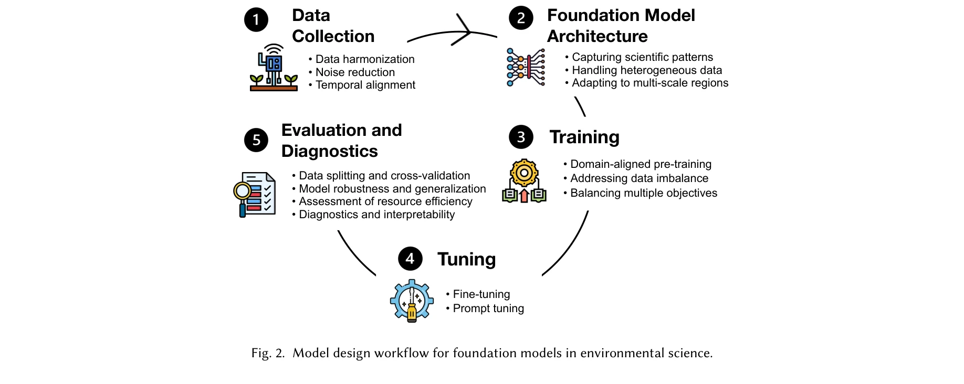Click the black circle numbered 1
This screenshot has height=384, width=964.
pos(256,20)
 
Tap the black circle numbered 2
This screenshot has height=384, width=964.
pos(521,18)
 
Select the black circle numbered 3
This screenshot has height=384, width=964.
pos(521,137)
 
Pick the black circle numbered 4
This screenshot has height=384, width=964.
pos(410,259)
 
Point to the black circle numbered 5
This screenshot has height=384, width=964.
pos(256,140)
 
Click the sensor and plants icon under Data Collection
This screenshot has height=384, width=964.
pos(274,68)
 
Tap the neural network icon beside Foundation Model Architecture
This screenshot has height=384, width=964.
pos(526,67)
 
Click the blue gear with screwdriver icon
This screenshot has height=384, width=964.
pos(412,301)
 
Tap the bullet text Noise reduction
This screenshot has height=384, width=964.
pos(355,72)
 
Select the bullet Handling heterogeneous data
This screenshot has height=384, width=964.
pos(646,70)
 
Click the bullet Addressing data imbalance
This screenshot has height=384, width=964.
pos(639,178)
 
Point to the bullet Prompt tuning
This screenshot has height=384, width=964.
pos(488,308)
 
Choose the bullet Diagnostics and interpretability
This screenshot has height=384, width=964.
pos(376,215)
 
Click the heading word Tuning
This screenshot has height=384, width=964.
pos(466,259)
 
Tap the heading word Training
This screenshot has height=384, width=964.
pos(584,137)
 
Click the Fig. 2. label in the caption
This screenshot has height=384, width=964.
pos(268,353)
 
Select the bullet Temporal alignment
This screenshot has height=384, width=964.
pos(365,85)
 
